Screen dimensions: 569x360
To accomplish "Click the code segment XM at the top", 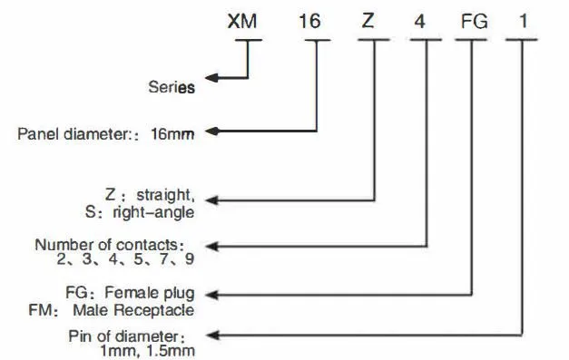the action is click(242, 21).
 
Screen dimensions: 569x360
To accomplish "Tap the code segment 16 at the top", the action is click(309, 21).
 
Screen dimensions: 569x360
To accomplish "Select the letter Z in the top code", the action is click(368, 21).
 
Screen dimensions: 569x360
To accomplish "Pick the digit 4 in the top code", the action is click(419, 22).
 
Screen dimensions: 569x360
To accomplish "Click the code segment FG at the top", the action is click(474, 22).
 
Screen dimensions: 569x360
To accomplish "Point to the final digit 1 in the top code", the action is click(523, 21).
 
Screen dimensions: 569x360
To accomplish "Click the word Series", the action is click(172, 87).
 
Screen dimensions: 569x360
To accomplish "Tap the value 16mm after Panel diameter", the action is click(172, 134).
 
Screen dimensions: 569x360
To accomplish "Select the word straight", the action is click(165, 195).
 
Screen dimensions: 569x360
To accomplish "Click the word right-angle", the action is click(153, 213).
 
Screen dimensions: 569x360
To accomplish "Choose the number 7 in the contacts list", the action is click(164, 259).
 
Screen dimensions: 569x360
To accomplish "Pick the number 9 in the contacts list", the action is click(190, 259).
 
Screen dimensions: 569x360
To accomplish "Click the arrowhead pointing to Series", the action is click(211, 78).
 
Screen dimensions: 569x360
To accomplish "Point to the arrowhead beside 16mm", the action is click(211, 131).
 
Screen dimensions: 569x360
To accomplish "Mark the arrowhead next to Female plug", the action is click(211, 295).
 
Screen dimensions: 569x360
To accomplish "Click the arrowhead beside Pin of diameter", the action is click(211, 336).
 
